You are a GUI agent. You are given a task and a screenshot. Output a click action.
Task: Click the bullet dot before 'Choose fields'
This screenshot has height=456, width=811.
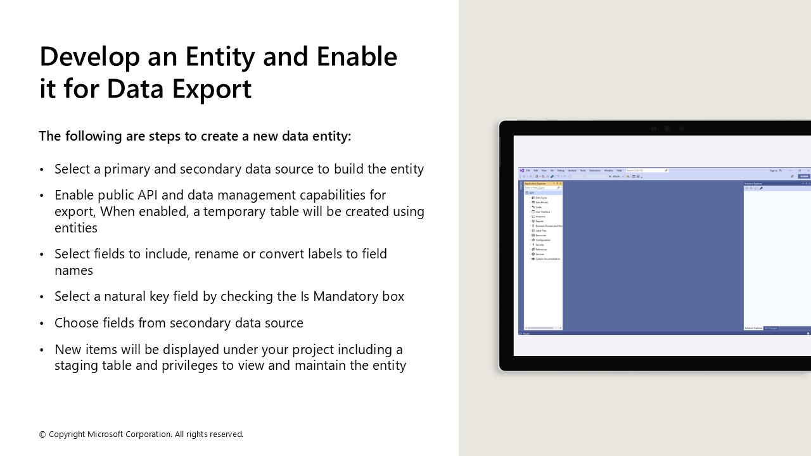coord(42,324)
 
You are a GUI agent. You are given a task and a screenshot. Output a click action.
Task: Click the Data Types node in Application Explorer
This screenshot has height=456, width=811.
coord(541,198)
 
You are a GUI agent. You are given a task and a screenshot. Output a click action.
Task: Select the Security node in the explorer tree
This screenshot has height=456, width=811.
coord(540,244)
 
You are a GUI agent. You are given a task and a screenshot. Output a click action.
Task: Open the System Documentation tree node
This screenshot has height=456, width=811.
coord(547,259)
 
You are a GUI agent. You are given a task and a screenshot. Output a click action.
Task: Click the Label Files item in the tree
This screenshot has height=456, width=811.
coord(540,231)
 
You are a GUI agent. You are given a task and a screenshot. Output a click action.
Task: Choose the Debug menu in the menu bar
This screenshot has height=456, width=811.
coord(561,170)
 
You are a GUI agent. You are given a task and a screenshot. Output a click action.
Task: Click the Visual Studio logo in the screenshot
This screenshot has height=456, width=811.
coord(521,170)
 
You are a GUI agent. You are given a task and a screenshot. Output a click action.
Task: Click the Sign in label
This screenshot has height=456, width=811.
coord(774,170)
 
